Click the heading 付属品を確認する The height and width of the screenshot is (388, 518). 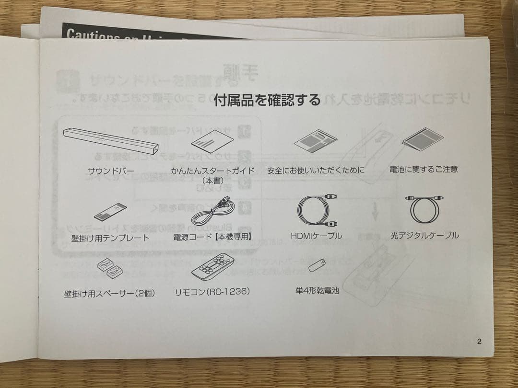(x=267, y=100)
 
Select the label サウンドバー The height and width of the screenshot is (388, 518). (x=111, y=171)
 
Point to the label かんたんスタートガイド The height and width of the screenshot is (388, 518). (x=212, y=171)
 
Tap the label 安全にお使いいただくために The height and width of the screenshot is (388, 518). (x=316, y=170)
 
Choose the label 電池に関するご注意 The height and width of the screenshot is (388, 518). (x=424, y=169)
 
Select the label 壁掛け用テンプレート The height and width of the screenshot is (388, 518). (x=110, y=238)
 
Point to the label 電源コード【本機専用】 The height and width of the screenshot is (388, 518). (x=213, y=236)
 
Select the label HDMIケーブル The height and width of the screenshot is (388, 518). (x=316, y=236)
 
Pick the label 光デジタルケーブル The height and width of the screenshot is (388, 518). (x=424, y=235)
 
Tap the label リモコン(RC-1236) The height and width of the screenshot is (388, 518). (x=213, y=291)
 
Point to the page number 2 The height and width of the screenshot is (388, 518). (x=479, y=342)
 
